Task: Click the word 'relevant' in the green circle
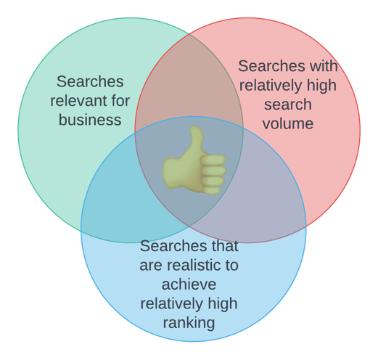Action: pyautogui.click(x=79, y=101)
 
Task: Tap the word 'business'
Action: pyautogui.click(x=90, y=120)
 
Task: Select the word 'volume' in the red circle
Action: pyautogui.click(x=288, y=123)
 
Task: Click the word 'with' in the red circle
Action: pyautogui.click(x=322, y=66)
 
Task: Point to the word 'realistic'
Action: pyautogui.click(x=194, y=265)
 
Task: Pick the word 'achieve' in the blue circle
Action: pyautogui.click(x=189, y=285)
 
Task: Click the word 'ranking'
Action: pyautogui.click(x=189, y=323)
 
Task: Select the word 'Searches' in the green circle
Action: pyautogui.click(x=90, y=81)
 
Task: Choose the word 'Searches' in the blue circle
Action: pyautogui.click(x=172, y=246)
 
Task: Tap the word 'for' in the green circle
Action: pyautogui.click(x=120, y=101)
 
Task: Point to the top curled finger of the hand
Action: pyautogui.click(x=213, y=160)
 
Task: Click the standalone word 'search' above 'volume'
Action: pyautogui.click(x=288, y=105)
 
